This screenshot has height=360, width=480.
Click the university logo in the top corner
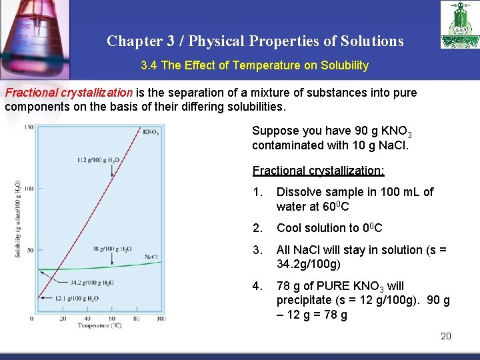(459, 25)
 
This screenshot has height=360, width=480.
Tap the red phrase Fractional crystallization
(69, 93)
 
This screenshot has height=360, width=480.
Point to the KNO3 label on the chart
(151, 132)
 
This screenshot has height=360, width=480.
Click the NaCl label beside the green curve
(151, 257)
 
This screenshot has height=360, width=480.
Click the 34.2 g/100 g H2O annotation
(92, 282)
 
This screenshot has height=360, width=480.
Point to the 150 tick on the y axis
(29, 127)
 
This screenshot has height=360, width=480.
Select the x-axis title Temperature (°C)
(99, 326)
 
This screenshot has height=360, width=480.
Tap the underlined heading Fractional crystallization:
(318, 171)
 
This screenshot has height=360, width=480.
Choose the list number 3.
(257, 251)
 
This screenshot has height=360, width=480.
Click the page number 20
(446, 336)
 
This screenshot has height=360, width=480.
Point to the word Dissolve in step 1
(298, 192)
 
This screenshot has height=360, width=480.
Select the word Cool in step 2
(289, 228)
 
